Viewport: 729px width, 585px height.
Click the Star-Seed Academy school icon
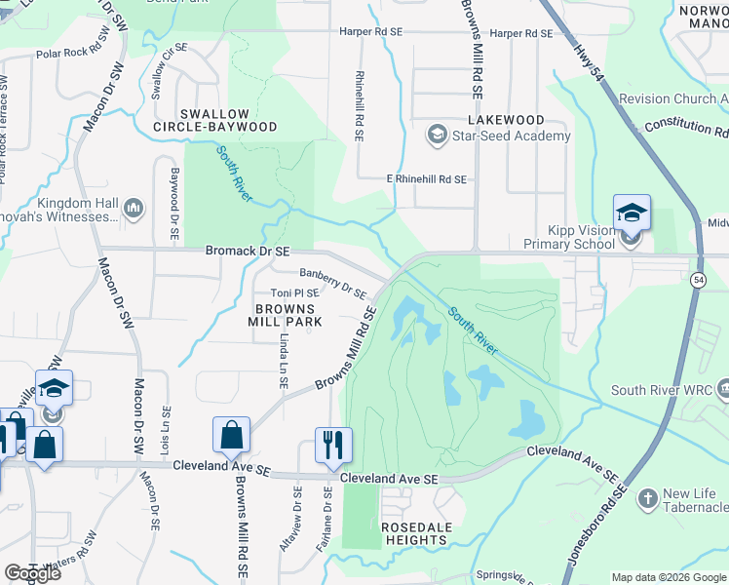coord(439,136)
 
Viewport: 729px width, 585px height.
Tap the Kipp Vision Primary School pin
coord(631,213)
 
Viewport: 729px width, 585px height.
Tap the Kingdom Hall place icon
coord(134,209)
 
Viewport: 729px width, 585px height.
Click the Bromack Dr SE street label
coord(248,252)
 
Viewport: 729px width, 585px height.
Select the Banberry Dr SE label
coord(332,284)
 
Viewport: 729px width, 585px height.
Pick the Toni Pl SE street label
coord(294,292)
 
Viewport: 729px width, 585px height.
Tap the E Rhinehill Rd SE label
coord(427,179)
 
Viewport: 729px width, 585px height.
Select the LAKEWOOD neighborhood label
coord(505,120)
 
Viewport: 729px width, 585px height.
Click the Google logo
coord(33,572)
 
